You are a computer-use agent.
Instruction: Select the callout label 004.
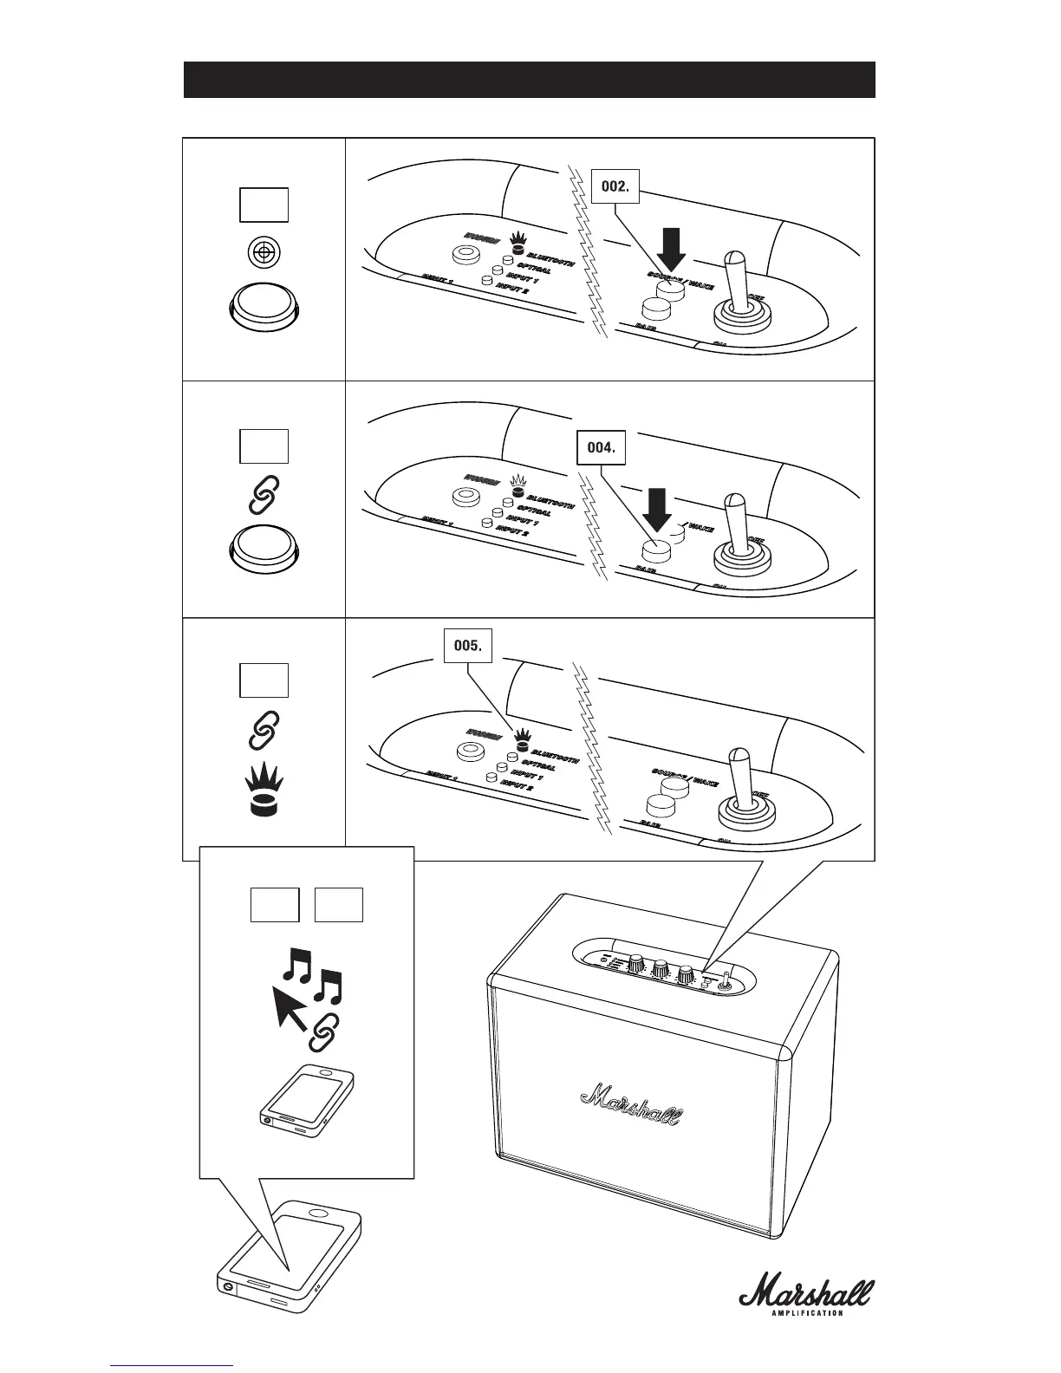(x=601, y=449)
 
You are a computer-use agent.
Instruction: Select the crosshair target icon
(x=264, y=252)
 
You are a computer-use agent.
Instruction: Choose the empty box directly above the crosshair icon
(x=264, y=205)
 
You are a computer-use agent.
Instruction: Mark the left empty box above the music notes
(x=275, y=905)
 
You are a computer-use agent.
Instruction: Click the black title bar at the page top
(x=529, y=80)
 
